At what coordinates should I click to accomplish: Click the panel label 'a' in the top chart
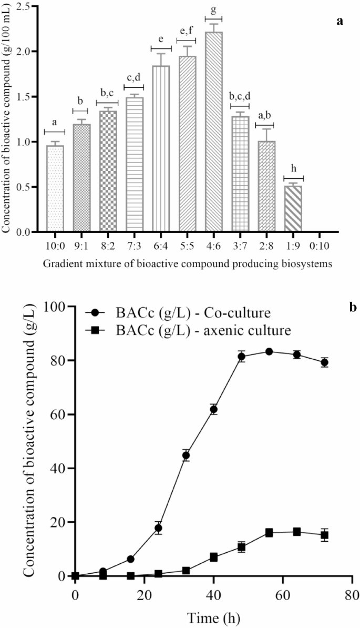[x=340, y=21]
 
